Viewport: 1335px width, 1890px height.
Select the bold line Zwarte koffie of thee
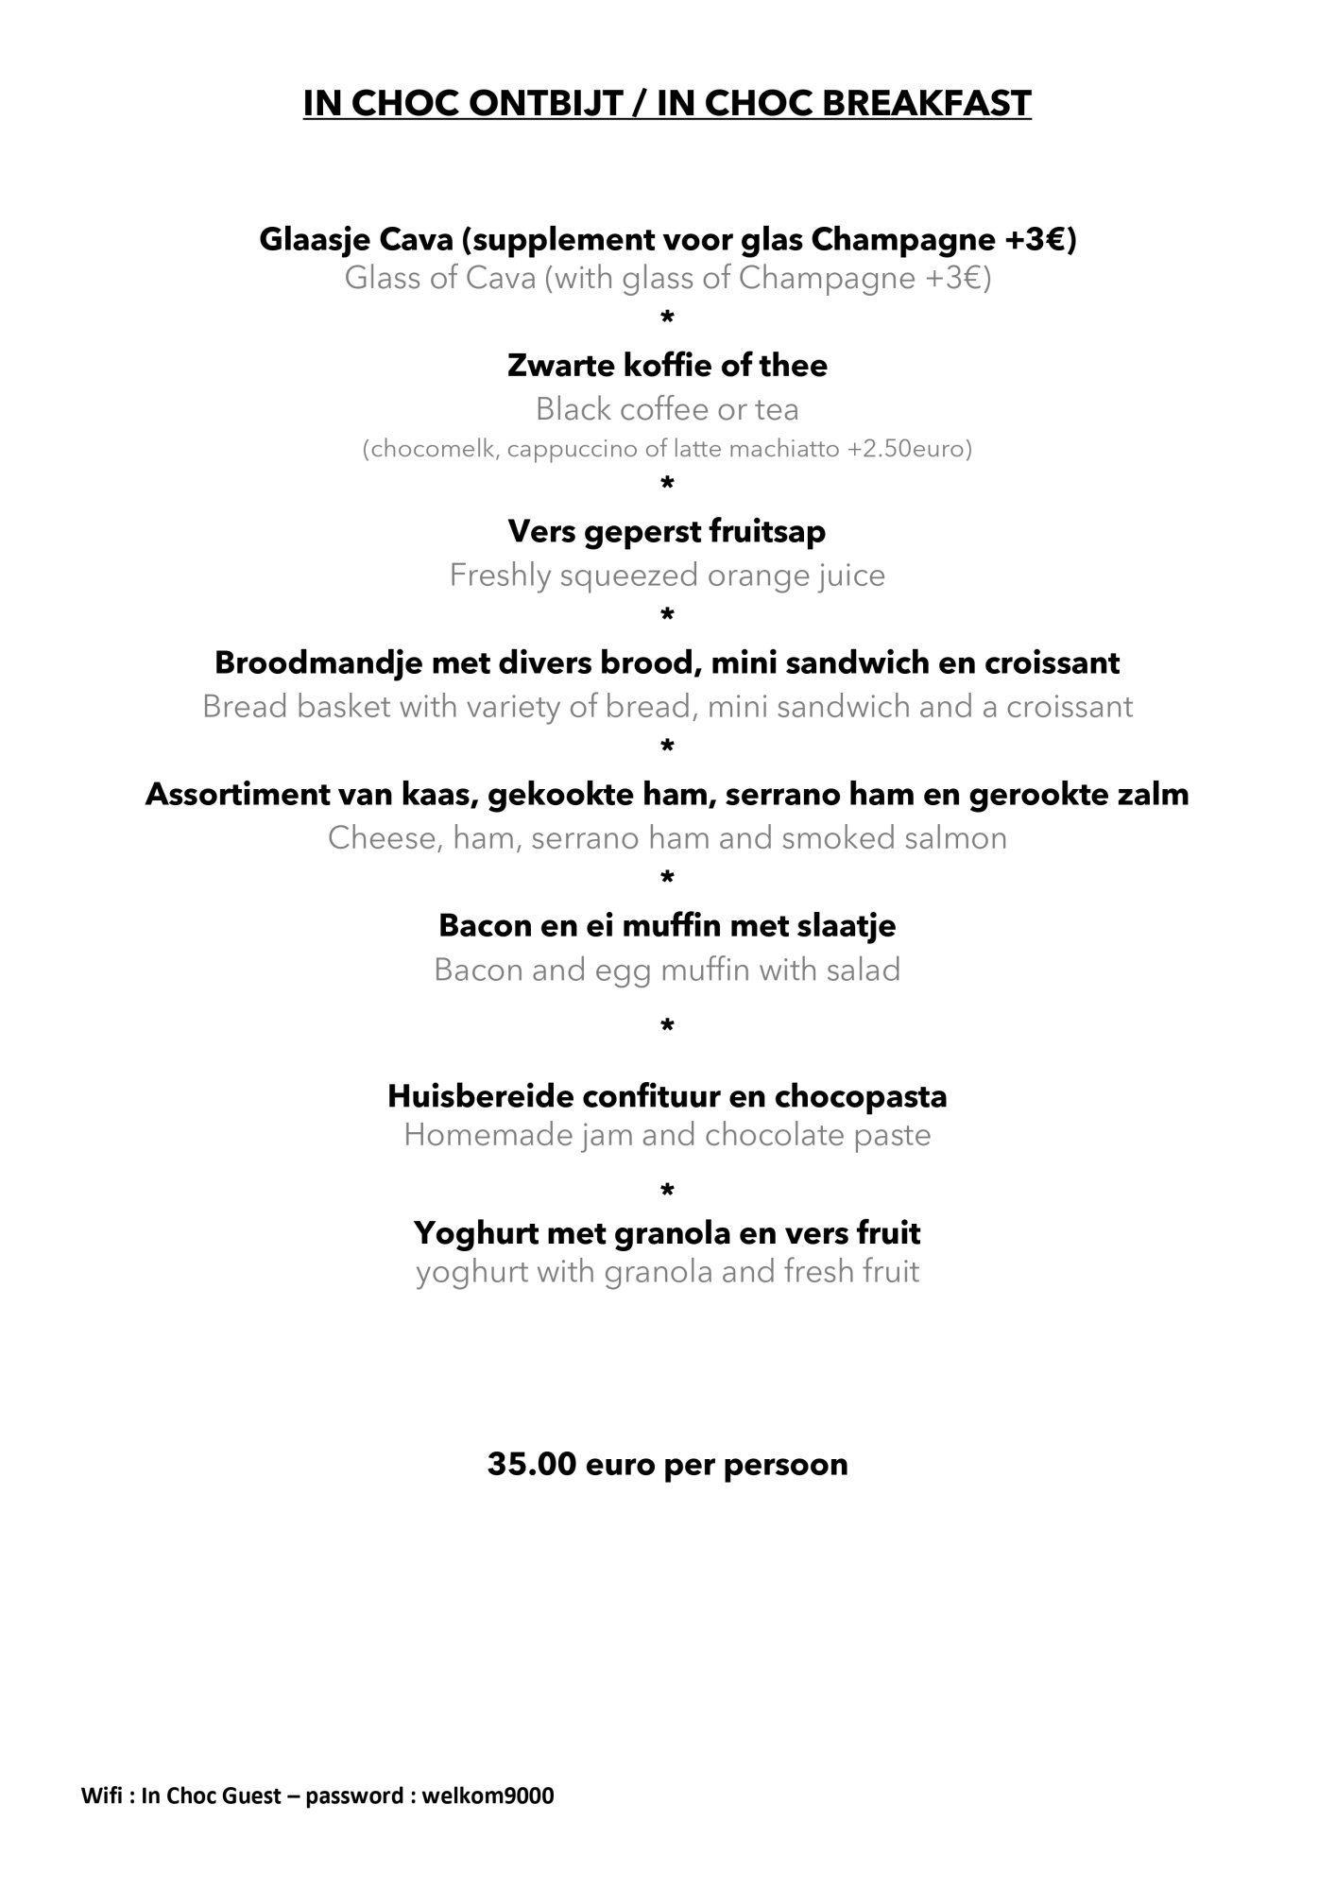(x=667, y=366)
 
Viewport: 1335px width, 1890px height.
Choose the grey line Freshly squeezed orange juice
(x=667, y=576)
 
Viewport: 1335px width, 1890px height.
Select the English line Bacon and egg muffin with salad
(x=667, y=971)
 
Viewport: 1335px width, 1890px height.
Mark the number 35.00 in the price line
(x=532, y=1465)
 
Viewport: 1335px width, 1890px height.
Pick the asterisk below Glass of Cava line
(x=667, y=318)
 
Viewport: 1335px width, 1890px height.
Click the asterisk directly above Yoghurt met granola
(x=667, y=1191)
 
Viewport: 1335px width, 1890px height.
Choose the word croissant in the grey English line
(x=1069, y=707)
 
